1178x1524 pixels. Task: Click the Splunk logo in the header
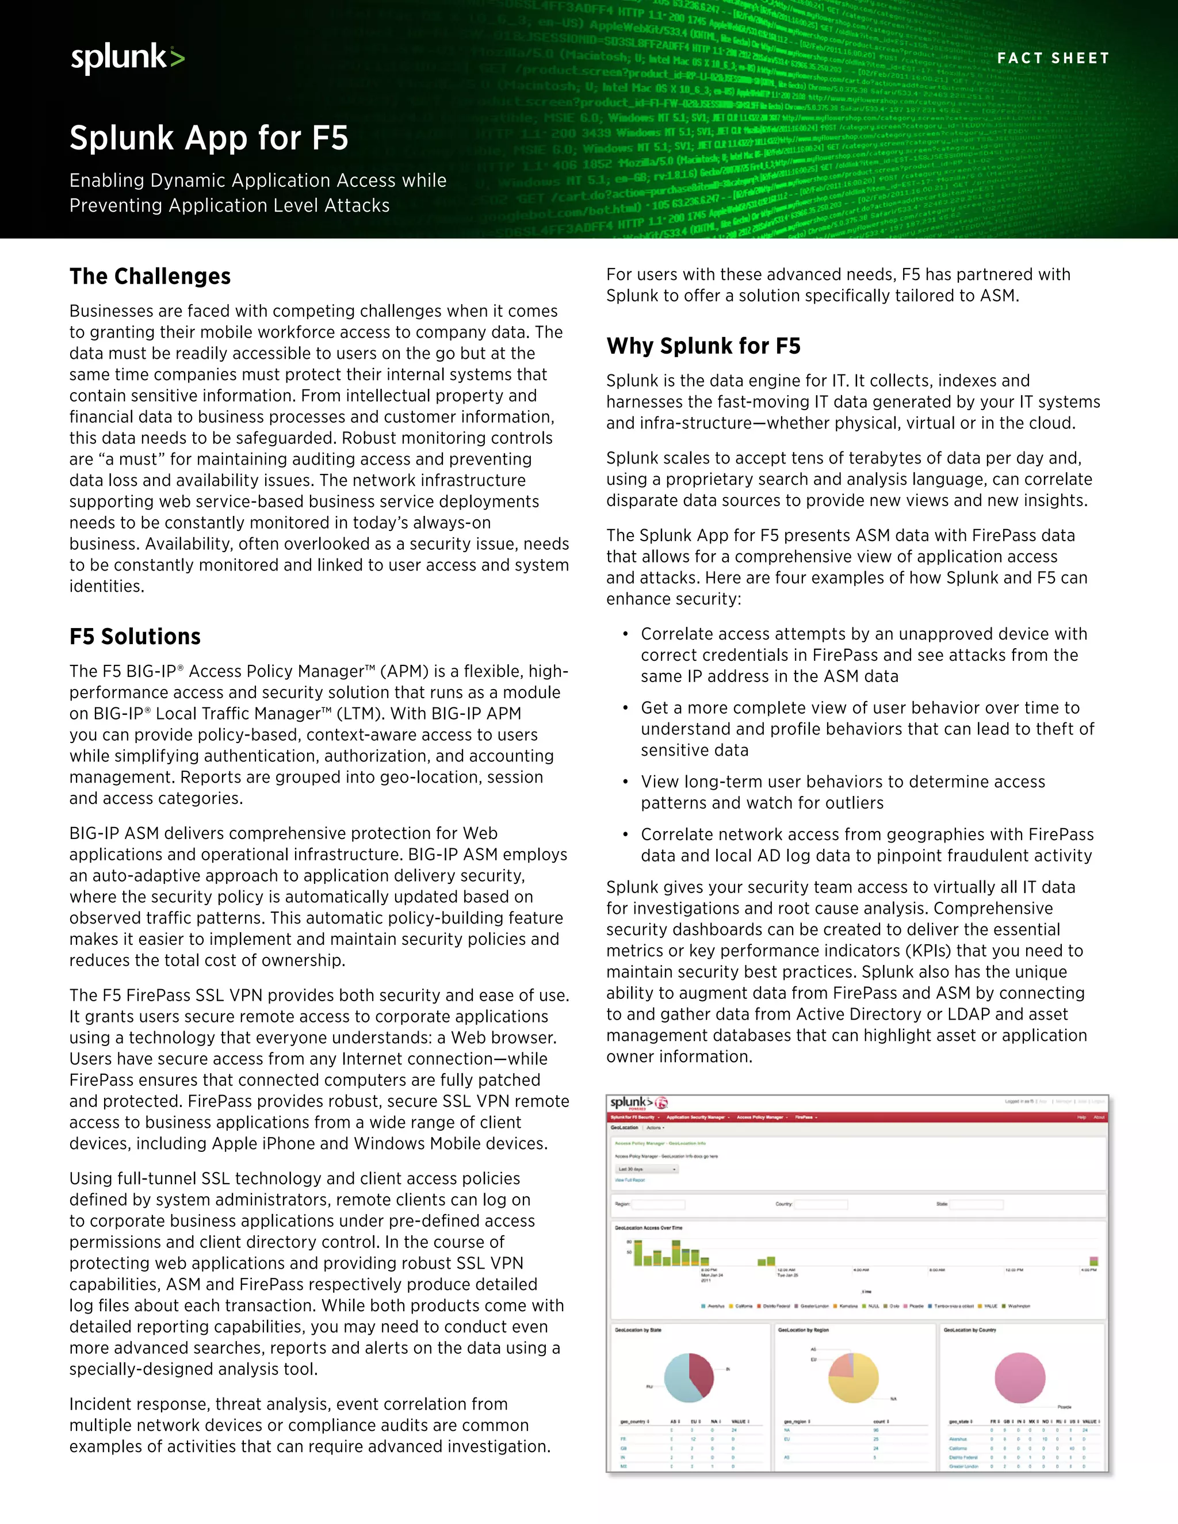point(128,58)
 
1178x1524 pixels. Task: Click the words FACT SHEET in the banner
point(1053,58)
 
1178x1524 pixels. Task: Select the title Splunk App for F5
point(209,137)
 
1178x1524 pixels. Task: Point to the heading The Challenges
point(150,276)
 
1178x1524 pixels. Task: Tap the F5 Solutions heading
point(135,637)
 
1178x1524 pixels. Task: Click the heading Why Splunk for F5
point(703,346)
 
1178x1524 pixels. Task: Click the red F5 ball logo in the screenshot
point(661,1102)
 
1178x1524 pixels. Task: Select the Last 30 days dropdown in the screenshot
point(646,1169)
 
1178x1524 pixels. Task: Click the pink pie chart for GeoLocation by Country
point(1020,1377)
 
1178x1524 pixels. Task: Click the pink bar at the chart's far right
point(1093,1261)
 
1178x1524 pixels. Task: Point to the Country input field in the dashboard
point(821,1204)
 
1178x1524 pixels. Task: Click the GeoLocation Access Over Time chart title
point(648,1227)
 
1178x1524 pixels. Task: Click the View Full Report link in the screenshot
point(629,1180)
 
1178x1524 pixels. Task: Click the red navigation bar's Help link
point(1081,1117)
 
